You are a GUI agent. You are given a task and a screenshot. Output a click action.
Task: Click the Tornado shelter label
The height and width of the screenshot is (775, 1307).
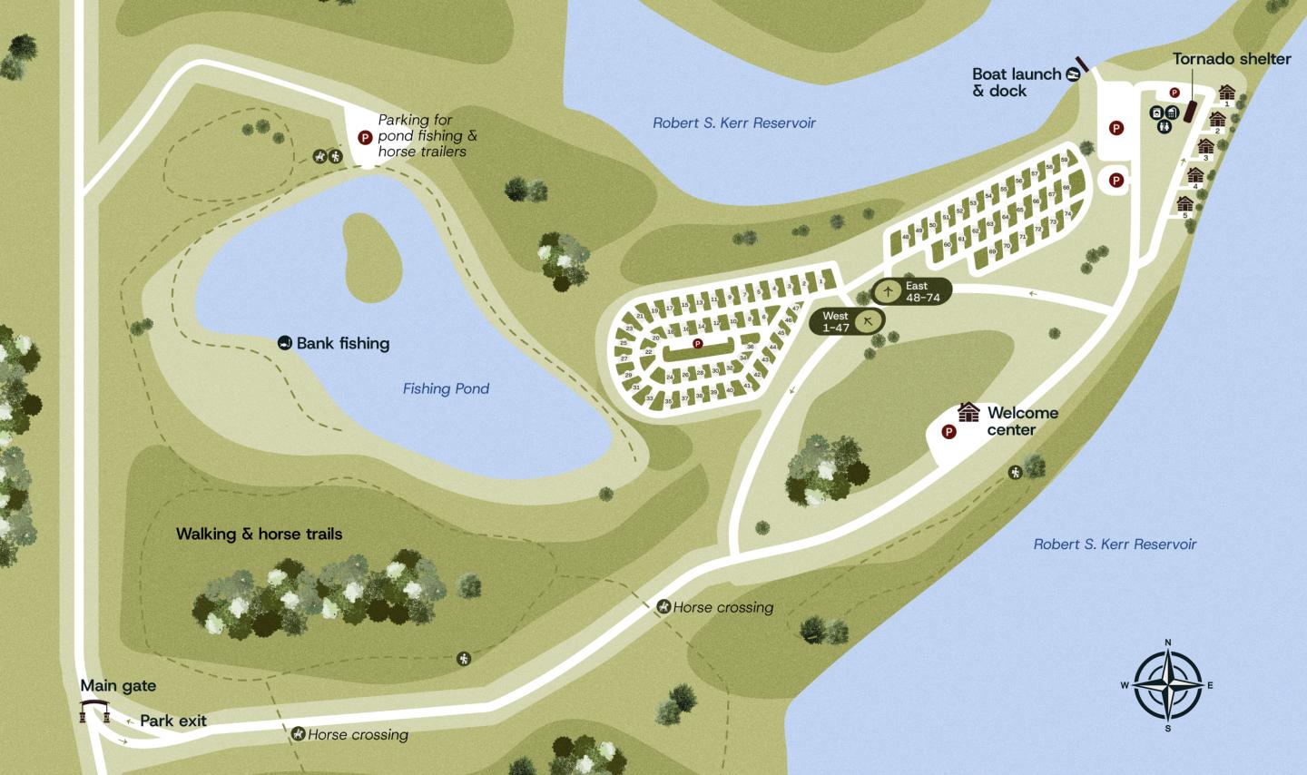click(1231, 59)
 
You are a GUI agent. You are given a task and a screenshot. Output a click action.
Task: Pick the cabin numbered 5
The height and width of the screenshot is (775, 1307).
click(1185, 204)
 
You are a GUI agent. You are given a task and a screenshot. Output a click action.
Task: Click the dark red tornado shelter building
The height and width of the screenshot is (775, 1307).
click(1190, 112)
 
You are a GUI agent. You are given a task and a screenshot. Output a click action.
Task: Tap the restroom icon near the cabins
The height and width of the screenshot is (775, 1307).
click(1165, 127)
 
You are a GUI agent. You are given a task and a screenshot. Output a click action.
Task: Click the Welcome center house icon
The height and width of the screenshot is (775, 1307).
click(969, 413)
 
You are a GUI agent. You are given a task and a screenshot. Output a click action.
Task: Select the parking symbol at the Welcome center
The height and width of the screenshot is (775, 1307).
click(949, 432)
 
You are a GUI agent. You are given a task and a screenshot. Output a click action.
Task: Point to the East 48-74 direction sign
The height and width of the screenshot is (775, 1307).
click(911, 291)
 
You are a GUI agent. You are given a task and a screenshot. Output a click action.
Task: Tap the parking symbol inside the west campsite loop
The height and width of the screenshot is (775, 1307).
click(697, 343)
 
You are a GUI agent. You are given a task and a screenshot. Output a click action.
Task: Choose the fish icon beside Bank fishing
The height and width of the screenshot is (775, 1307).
click(285, 343)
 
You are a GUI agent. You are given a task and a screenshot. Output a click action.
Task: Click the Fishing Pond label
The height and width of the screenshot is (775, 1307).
click(446, 388)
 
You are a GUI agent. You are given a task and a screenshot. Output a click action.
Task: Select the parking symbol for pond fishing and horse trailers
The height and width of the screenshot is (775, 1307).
click(365, 138)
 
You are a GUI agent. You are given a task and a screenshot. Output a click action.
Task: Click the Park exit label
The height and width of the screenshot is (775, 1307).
click(173, 721)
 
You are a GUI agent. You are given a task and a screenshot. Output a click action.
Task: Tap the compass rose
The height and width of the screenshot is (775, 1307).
click(1167, 685)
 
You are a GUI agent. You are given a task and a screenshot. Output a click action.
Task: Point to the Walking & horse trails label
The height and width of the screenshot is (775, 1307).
click(259, 534)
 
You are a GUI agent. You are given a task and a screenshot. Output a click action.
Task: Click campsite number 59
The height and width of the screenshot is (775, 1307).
click(1064, 161)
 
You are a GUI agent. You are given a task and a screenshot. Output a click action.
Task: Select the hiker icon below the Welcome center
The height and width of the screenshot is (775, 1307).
click(1016, 472)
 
